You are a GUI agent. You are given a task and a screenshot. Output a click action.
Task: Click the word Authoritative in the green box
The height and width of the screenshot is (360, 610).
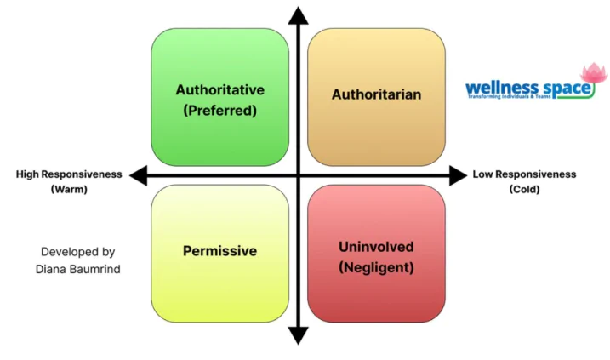219,90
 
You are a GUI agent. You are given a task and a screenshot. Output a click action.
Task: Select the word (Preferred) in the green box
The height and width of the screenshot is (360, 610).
219,111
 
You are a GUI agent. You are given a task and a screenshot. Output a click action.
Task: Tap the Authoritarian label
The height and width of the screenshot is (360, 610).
376,94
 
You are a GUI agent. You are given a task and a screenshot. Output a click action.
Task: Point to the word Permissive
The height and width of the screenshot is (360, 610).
219,250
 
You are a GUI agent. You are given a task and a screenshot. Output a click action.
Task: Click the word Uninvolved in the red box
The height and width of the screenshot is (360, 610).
376,247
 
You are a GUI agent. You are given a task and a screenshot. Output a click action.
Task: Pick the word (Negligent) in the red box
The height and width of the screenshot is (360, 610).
376,267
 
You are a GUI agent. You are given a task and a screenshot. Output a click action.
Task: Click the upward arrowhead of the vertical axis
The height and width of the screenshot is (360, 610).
299,15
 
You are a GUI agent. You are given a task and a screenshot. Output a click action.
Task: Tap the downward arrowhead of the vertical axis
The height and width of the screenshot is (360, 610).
299,335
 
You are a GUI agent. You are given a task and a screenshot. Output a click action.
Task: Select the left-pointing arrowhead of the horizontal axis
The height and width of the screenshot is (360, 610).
139,175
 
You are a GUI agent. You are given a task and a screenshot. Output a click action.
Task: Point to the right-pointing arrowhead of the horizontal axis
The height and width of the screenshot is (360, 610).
458,175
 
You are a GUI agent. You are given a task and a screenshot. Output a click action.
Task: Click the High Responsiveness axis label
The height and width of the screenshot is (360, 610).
69,174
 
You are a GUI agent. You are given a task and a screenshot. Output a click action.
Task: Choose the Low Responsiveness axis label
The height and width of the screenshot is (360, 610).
524,174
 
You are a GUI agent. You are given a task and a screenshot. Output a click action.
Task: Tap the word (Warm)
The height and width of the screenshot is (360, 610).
69,190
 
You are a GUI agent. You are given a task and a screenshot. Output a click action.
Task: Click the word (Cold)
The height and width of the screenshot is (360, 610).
524,190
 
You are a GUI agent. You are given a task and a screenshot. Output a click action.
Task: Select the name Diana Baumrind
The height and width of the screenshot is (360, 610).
77,269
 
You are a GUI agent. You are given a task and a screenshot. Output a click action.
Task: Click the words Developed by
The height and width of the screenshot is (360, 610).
77,252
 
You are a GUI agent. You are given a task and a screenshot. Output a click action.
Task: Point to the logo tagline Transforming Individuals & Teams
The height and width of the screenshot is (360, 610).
510,96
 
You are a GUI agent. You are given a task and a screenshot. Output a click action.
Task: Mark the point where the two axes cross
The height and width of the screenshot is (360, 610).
299,175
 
